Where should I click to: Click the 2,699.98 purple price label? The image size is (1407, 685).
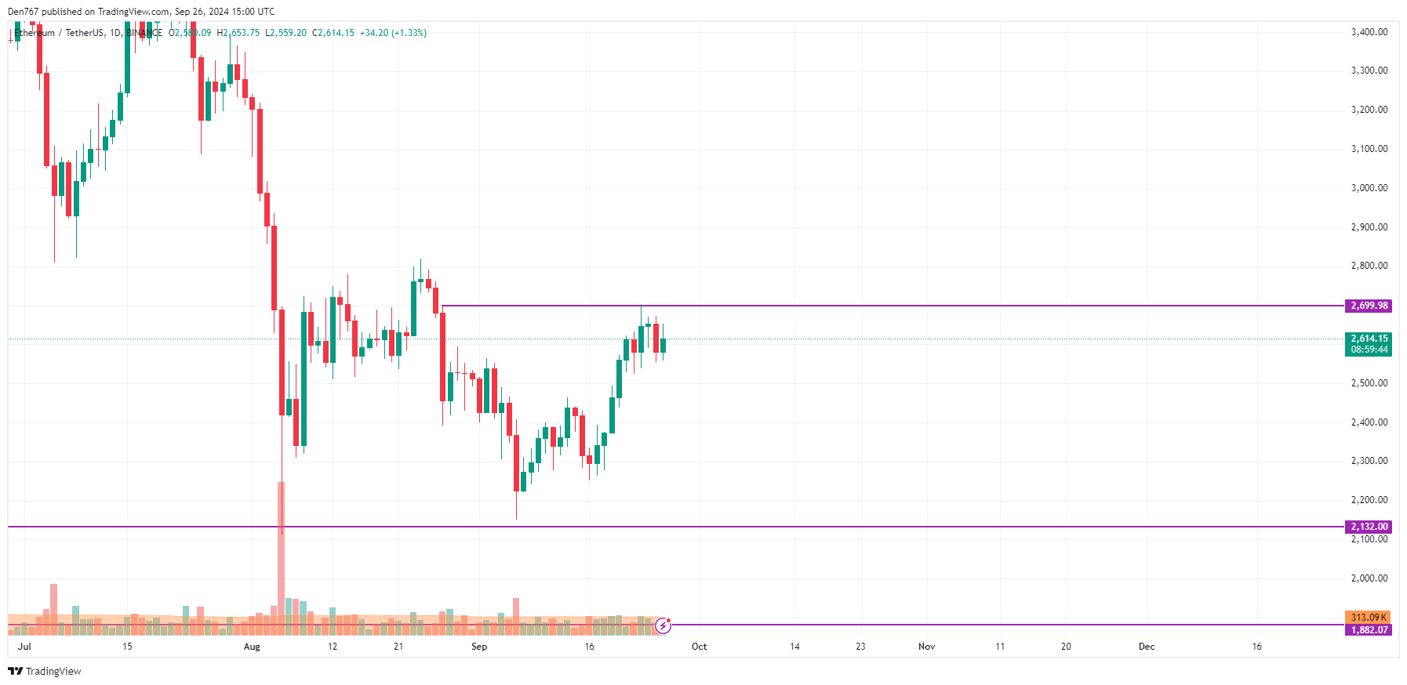click(1369, 306)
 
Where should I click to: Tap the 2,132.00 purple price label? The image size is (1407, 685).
click(1369, 527)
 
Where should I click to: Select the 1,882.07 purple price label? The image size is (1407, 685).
click(1369, 630)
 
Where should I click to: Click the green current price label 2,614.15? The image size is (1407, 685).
click(1369, 339)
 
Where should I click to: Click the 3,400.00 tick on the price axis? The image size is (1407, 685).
click(1369, 32)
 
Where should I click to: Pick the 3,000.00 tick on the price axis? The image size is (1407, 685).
click(1369, 188)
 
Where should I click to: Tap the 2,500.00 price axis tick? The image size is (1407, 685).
click(1369, 383)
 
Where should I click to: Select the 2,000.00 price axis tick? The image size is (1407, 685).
click(1369, 578)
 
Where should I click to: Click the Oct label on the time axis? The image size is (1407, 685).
click(699, 647)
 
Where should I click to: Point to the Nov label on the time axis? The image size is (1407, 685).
click(926, 647)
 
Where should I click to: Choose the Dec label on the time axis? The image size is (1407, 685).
click(1147, 647)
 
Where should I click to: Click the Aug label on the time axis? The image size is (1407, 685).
click(252, 647)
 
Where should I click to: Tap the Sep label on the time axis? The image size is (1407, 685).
click(479, 647)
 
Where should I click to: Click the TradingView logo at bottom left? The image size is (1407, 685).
click(45, 672)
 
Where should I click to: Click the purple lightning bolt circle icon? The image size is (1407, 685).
click(664, 625)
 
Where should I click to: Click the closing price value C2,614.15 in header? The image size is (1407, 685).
click(333, 33)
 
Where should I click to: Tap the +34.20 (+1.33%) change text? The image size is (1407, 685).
click(393, 33)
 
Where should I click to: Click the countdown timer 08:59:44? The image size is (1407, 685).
click(1369, 350)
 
